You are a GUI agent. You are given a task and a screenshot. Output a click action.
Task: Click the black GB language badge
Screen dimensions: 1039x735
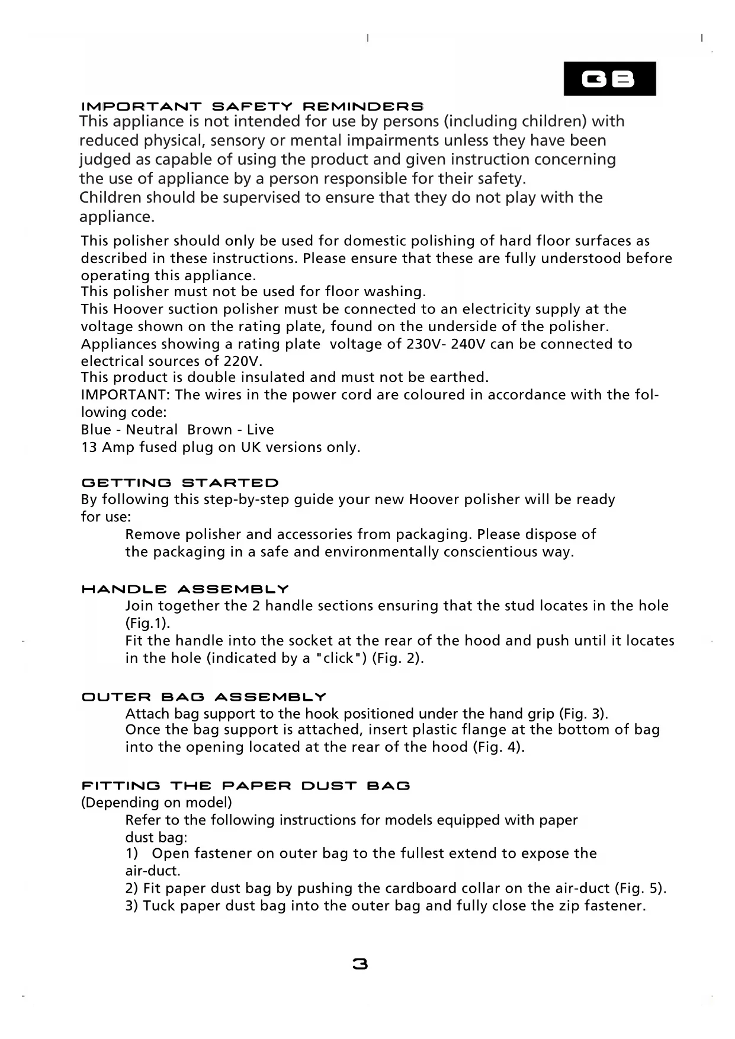(x=609, y=79)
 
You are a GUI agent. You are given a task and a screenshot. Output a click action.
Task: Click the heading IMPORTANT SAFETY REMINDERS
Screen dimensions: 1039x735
(x=252, y=107)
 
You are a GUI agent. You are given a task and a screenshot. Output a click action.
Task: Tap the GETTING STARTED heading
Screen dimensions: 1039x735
(x=179, y=483)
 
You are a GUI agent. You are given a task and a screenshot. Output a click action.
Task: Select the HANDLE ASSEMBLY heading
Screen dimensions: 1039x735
(x=185, y=589)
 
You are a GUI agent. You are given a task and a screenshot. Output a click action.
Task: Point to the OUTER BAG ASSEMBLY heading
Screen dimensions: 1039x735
(x=204, y=697)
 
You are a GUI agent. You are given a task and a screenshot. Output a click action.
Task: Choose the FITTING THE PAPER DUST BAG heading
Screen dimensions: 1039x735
(x=245, y=786)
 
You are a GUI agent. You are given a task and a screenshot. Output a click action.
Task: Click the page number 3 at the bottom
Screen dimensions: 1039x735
(x=360, y=964)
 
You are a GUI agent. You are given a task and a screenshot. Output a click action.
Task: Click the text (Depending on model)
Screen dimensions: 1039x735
(x=156, y=803)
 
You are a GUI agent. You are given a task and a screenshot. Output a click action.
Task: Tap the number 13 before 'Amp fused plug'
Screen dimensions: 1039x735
(x=89, y=447)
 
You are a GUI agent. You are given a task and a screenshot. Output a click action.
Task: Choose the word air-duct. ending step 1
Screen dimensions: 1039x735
(x=153, y=871)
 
